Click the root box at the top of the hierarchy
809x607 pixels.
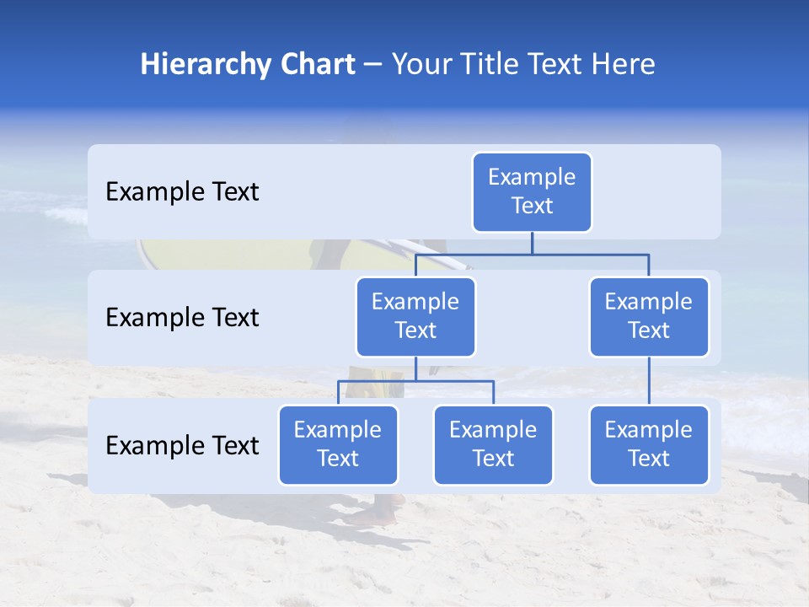[x=532, y=192]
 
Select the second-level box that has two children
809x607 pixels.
[x=415, y=316]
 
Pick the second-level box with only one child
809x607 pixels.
[x=649, y=316]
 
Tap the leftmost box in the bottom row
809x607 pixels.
[x=338, y=444]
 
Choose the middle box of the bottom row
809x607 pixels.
[x=493, y=444]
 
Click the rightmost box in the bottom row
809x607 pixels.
[x=649, y=444]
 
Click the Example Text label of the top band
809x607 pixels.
[x=182, y=192]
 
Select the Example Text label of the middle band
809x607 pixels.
[x=182, y=318]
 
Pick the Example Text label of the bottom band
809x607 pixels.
[x=182, y=445]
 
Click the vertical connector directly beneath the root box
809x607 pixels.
[x=532, y=243]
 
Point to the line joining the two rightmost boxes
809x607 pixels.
[x=649, y=380]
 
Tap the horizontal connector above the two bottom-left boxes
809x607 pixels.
[x=415, y=381]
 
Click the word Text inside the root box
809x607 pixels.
[x=532, y=206]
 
